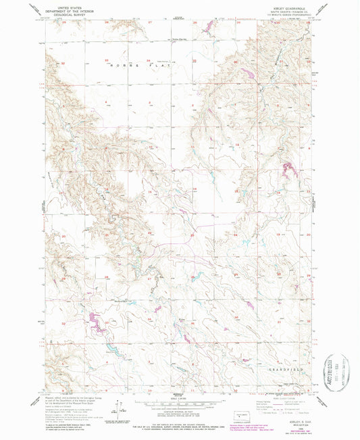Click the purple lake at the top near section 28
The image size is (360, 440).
tap(207, 28)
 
